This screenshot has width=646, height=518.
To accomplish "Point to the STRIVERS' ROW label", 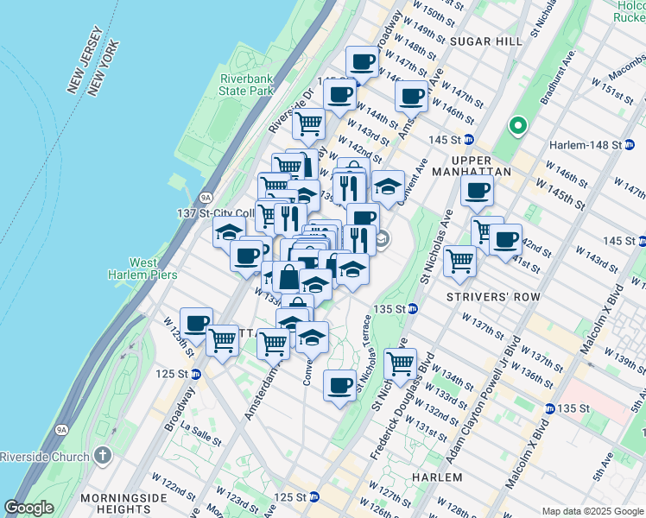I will (x=493, y=297).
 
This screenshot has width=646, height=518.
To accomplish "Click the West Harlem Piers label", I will (x=153, y=268).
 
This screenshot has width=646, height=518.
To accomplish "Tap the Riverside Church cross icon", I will (x=103, y=456).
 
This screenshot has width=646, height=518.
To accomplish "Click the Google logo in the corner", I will (x=28, y=508).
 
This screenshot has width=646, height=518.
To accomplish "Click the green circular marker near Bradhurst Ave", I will (x=517, y=127).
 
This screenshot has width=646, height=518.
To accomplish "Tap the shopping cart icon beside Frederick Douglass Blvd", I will (x=401, y=364).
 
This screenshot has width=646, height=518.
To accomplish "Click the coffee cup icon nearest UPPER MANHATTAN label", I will (x=477, y=192).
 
